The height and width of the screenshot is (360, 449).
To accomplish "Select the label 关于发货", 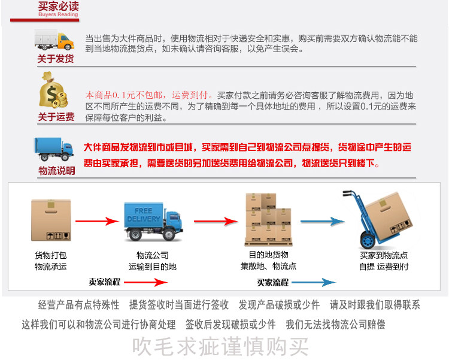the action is coord(56,59).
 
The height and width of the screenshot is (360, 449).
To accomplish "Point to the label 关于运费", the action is coord(56,117).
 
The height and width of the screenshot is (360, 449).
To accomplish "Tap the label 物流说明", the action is coord(57,171).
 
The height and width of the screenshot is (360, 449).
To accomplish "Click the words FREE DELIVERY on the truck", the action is coord(143,215).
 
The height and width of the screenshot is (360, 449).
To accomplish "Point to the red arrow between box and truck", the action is coord(96,221).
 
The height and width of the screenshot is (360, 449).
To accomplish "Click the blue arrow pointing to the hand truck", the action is coord(321,222).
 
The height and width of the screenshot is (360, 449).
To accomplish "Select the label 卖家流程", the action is coord(105,282).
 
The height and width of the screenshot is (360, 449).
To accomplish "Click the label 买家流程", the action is coord(273,282).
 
